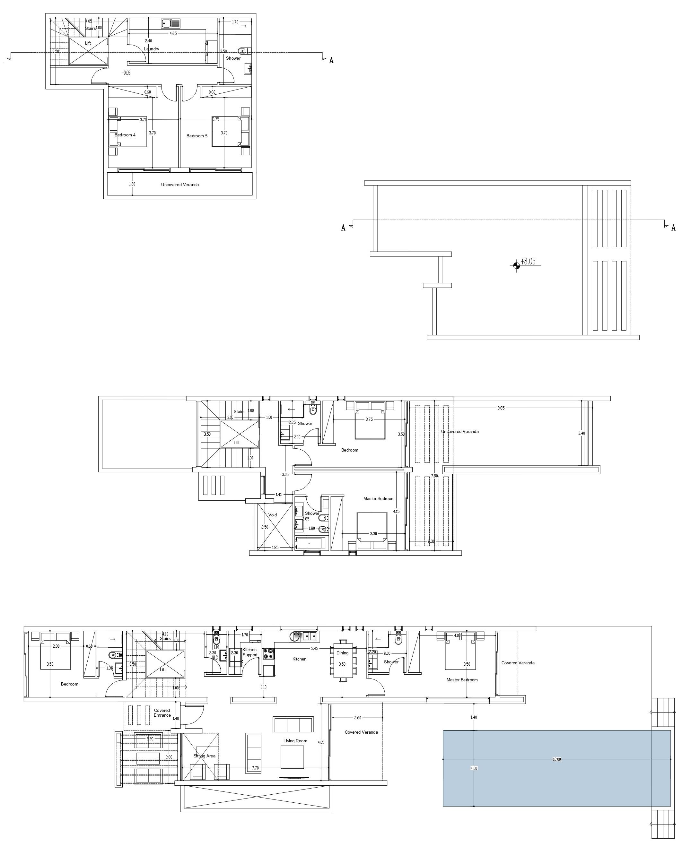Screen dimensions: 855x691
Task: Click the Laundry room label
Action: (x=151, y=49)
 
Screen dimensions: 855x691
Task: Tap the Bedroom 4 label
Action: (x=125, y=135)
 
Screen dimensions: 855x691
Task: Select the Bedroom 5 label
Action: (x=197, y=136)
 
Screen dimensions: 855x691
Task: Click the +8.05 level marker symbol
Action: (x=516, y=265)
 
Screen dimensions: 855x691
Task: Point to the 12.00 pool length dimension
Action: (x=556, y=759)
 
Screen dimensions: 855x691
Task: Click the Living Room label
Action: (x=295, y=741)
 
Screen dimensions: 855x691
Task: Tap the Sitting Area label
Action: (x=204, y=756)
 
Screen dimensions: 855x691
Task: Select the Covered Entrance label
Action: (x=162, y=712)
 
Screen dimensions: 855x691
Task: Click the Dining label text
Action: (x=342, y=653)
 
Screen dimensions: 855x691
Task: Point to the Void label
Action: (x=272, y=515)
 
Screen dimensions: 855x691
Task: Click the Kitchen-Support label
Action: (x=250, y=652)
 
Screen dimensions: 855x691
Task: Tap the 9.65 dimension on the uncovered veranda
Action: (x=501, y=408)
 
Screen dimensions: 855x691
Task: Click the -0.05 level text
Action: (x=126, y=73)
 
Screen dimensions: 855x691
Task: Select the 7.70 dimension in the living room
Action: (x=255, y=768)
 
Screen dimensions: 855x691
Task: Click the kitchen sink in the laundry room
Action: (x=171, y=24)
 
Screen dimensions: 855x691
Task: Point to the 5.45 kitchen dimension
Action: (x=314, y=649)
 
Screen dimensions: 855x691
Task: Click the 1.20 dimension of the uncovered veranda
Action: (x=132, y=184)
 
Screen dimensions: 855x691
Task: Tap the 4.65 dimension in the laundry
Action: (x=173, y=33)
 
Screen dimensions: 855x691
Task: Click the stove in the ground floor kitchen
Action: (x=268, y=652)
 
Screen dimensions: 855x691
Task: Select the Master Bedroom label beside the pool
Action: (x=462, y=680)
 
